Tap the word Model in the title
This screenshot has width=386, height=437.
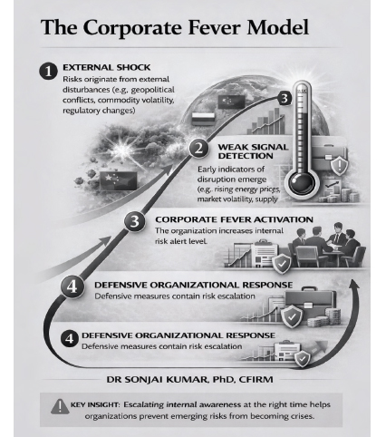[x=277, y=27]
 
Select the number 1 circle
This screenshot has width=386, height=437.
[x=48, y=72]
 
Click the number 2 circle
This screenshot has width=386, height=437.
[x=198, y=148]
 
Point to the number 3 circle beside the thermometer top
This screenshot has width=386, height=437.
[x=285, y=99]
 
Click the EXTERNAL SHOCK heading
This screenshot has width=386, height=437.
[x=106, y=67]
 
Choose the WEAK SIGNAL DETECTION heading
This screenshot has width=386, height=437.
[x=253, y=151]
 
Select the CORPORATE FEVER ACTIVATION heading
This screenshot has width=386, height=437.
[x=234, y=219]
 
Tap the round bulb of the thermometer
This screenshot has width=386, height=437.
[x=302, y=183]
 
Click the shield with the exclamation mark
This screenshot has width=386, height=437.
[x=340, y=166]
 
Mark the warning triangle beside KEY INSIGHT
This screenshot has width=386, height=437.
[x=60, y=406]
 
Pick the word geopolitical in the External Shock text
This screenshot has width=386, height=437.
[x=153, y=90]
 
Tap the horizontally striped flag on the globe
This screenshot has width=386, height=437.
[x=203, y=119]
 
